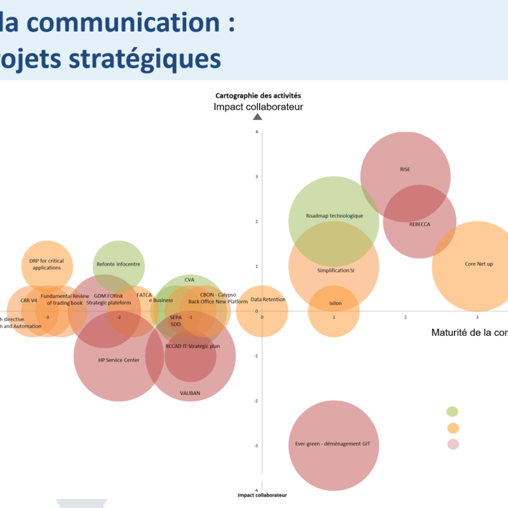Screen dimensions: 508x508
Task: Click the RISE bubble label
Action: [405, 170]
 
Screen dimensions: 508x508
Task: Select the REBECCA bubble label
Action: [420, 224]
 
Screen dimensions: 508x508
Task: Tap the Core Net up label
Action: [479, 264]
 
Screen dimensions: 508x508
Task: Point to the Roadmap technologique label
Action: [334, 216]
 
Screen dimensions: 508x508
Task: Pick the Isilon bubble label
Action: [335, 304]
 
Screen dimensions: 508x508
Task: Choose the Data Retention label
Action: [268, 300]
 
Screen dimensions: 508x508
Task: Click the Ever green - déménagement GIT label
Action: [333, 444]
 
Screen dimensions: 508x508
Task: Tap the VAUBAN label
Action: [190, 393]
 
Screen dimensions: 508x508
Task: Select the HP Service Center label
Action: [119, 360]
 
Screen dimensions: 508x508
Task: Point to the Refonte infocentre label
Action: [119, 264]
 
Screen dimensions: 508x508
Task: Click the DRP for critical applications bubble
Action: [46, 264]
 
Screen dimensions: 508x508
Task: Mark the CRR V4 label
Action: [29, 300]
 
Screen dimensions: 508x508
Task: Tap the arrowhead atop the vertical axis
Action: [257, 116]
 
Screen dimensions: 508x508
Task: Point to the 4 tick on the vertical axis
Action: [257, 132]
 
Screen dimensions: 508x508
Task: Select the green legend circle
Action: [453, 411]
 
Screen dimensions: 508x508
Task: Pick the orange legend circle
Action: [453, 427]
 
